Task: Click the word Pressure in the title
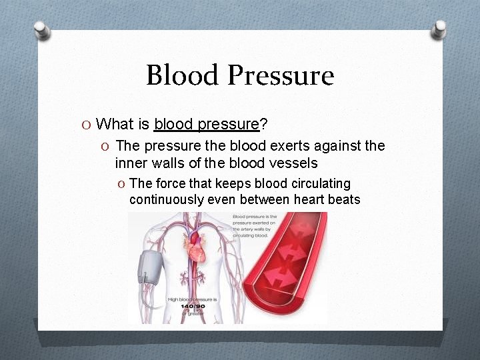pyautogui.click(x=281, y=75)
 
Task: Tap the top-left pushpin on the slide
pyautogui.click(x=42, y=30)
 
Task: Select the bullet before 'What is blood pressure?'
pyautogui.click(x=86, y=124)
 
